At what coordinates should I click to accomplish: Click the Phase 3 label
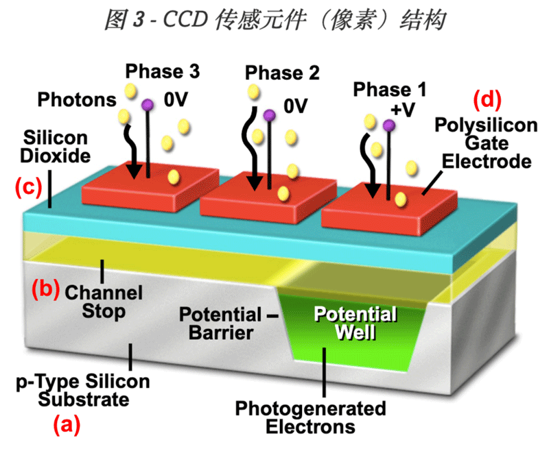[x=163, y=71]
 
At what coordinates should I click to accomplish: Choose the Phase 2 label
[x=282, y=73]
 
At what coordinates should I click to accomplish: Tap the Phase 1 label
[x=388, y=90]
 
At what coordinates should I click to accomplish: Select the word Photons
[x=77, y=99]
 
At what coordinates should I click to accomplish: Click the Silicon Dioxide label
[x=56, y=145]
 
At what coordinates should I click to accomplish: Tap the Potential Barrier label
[x=220, y=324]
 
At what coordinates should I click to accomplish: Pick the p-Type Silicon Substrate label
[x=82, y=390]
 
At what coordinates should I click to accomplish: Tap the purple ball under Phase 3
[x=148, y=105]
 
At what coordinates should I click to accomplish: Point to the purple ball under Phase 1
[x=389, y=125]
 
